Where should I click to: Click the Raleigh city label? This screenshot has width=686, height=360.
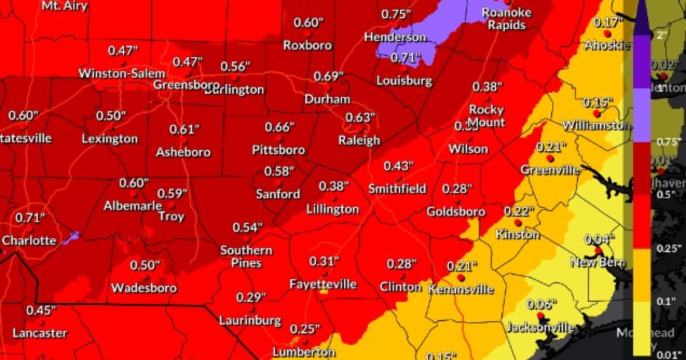coord(359,140)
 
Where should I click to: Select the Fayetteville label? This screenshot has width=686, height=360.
coord(323,284)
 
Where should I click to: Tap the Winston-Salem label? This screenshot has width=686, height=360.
coord(122,73)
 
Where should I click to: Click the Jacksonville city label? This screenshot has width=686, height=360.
coord(540,327)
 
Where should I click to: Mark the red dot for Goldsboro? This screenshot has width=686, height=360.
coord(456,200)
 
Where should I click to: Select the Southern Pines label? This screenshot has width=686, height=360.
coord(246,257)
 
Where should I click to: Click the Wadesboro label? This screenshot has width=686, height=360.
coord(143,287)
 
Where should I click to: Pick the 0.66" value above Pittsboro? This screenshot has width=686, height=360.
coord(280,127)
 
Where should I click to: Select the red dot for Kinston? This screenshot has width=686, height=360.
coord(517,223)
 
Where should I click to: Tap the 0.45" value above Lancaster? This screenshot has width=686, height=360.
coord(41,310)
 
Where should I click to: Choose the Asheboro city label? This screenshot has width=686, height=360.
coord(184,153)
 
